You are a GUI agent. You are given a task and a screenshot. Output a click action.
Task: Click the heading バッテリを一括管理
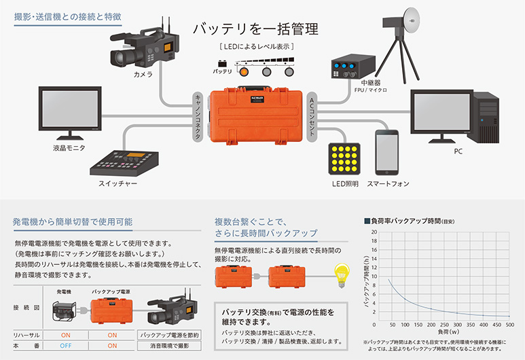coord(255,29)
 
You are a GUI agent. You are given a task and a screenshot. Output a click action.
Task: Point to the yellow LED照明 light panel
coord(344,158)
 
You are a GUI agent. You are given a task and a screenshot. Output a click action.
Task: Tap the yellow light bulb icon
coord(337,276)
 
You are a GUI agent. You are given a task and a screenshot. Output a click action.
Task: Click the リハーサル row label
coord(27,335)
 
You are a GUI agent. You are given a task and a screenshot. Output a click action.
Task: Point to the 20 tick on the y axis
coord(374,232)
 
